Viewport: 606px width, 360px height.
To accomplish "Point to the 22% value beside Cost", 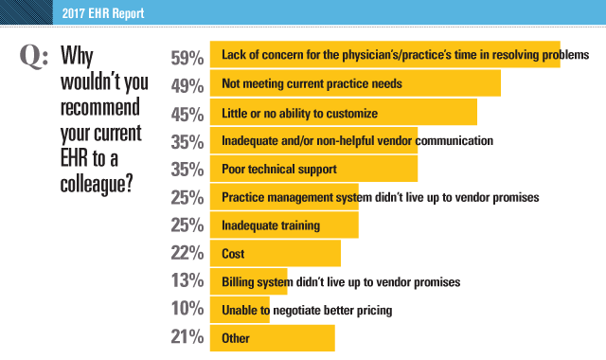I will coord(187,254).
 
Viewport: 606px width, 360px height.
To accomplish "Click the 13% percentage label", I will coord(187,282).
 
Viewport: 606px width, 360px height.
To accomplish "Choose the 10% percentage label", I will coord(187,311).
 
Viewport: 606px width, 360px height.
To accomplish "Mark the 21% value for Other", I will coord(187,339).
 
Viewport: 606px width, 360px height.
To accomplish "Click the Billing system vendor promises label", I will coord(341,282).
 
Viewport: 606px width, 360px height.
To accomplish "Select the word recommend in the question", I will coord(103,101).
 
